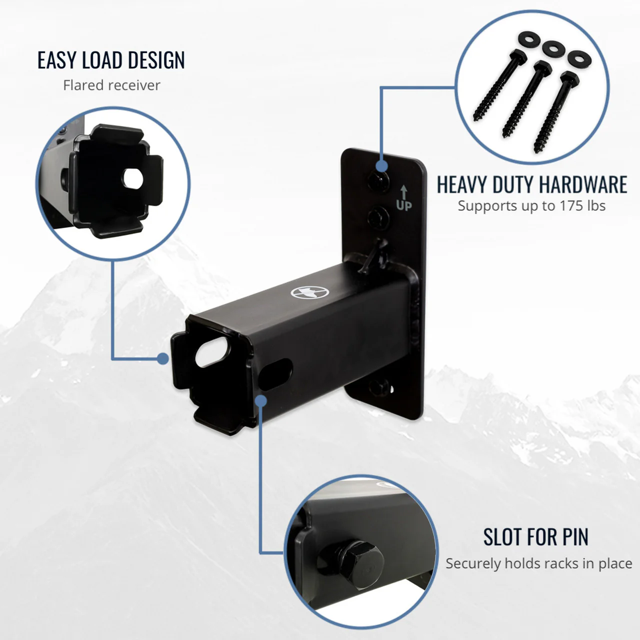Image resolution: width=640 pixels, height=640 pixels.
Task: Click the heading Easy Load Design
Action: [x=111, y=60]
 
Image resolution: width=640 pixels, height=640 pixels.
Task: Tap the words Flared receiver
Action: [x=111, y=85]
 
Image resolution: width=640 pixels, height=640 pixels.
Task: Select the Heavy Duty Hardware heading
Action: [x=531, y=184]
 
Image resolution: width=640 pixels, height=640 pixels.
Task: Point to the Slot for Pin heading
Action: [x=535, y=536]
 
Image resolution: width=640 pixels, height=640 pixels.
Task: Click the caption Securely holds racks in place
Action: [x=538, y=563]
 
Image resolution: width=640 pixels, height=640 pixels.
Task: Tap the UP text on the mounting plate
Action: [x=404, y=205]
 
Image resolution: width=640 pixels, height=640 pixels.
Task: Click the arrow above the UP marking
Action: [x=403, y=192]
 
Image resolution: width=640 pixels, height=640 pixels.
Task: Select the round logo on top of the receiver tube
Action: [x=309, y=292]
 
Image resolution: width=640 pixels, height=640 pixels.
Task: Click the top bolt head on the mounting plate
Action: [x=378, y=181]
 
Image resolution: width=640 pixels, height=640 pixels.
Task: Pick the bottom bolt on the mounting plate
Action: [x=379, y=387]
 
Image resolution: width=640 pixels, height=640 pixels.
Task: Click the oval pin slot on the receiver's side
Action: [x=275, y=374]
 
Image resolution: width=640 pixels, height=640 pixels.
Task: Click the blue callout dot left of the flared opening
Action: [x=162, y=358]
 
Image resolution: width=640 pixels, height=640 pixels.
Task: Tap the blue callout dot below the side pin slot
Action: [x=261, y=401]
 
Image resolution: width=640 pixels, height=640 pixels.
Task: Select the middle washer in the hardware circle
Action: [x=553, y=49]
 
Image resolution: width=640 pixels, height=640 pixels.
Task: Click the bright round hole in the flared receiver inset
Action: [x=133, y=178]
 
